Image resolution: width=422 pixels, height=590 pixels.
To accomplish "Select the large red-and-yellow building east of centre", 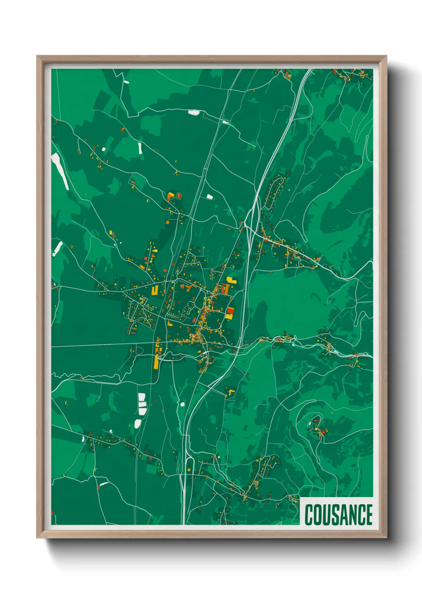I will point(230,313).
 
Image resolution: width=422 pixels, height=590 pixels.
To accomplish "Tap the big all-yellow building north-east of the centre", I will point(232,280).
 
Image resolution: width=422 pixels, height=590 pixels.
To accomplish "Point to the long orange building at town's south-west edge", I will point(156,361).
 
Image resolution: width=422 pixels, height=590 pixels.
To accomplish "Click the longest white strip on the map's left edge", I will point(60,171).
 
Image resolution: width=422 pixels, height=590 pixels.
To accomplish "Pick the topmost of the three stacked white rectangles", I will point(142,397).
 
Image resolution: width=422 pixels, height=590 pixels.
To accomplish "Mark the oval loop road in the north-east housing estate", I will point(274,191).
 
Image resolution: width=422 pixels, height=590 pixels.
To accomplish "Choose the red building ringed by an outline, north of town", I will point(179,196).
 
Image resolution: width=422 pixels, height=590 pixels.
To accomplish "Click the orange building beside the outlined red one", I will point(171,196).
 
